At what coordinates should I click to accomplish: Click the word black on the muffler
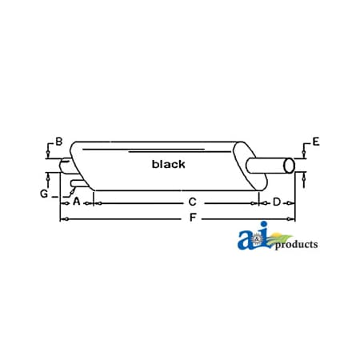coord(168,164)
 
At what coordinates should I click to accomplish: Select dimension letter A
coord(77,202)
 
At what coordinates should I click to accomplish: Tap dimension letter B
coord(58,142)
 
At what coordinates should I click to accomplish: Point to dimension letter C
coord(192,202)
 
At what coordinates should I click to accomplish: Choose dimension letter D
coord(277,202)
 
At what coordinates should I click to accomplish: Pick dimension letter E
coord(315,142)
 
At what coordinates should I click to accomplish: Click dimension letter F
coord(192,218)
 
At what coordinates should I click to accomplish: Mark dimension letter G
coord(44,193)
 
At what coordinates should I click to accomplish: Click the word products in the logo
coord(296,245)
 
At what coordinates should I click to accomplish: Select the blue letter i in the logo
coord(263,238)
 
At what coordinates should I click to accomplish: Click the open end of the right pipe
coord(289,166)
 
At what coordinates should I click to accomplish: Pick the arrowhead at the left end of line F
coord(63,218)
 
